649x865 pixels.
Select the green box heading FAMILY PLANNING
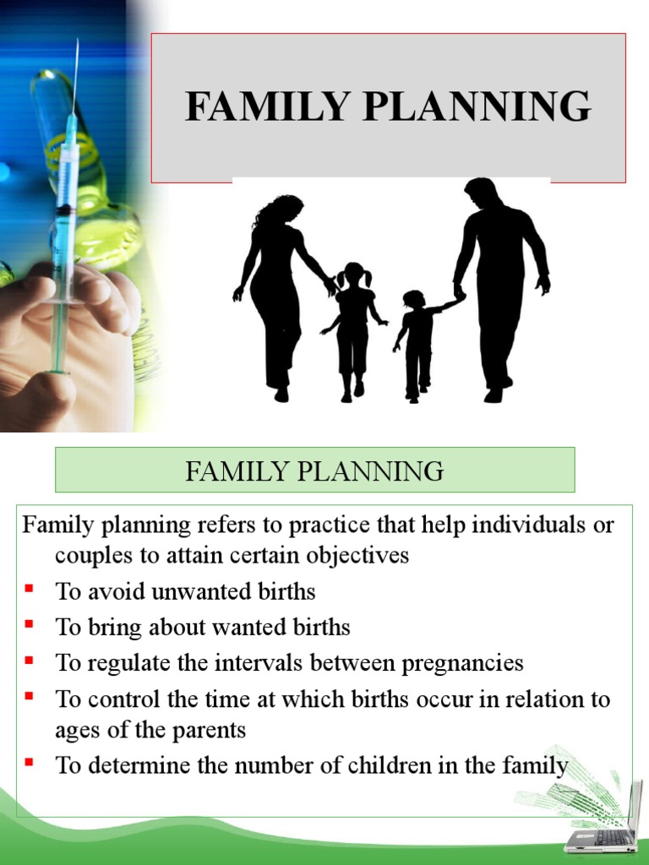click(x=314, y=471)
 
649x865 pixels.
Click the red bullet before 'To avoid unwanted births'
click(x=29, y=587)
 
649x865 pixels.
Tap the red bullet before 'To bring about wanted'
click(x=29, y=623)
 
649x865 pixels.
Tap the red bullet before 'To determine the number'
click(x=29, y=763)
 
